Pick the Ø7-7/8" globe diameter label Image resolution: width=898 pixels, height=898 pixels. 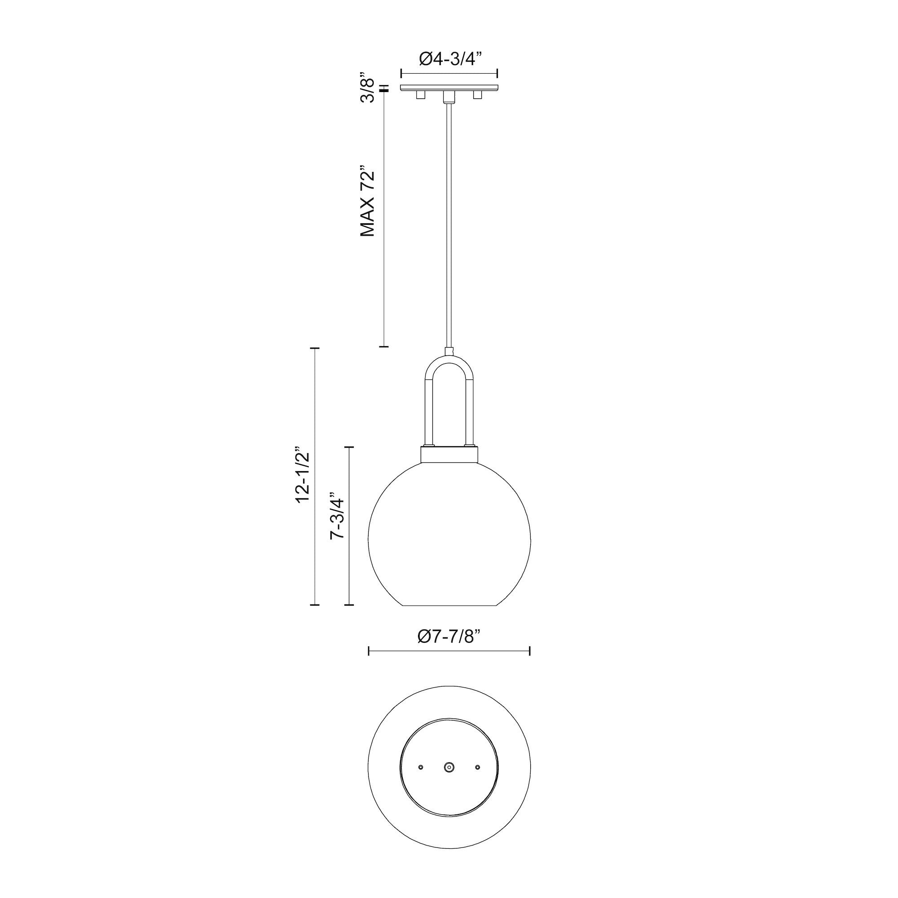pos(449,636)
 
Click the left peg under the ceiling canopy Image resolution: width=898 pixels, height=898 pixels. pos(421,95)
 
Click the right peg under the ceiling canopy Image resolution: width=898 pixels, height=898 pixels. pos(477,95)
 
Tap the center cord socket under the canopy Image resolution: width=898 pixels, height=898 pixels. pos(449,97)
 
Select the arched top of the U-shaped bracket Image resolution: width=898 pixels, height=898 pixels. pos(449,360)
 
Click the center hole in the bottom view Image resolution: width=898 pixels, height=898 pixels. pos(449,767)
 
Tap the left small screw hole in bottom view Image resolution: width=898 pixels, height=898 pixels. pos(421,767)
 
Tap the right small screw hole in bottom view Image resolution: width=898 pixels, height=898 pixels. pos(477,767)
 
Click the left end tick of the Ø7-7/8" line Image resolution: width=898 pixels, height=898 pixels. pos(369,651)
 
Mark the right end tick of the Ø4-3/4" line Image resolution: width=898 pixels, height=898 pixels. pos(498,74)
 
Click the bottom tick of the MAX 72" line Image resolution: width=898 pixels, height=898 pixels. pos(383,347)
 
